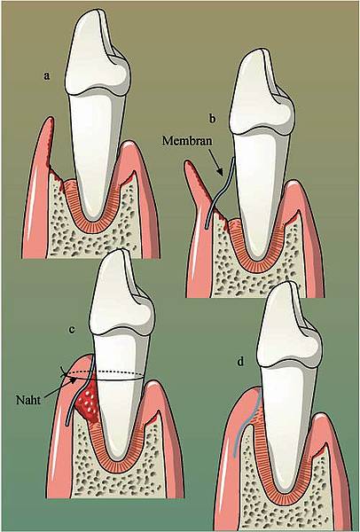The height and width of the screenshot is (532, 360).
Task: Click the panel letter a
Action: pyautogui.click(x=46, y=76)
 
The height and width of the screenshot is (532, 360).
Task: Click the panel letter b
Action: pyautogui.click(x=213, y=119)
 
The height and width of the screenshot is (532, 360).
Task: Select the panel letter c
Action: pyautogui.click(x=72, y=330)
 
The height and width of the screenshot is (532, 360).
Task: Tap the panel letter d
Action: pyautogui.click(x=240, y=363)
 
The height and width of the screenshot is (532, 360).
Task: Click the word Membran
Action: pyautogui.click(x=187, y=140)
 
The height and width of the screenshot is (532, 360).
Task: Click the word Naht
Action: pyautogui.click(x=28, y=400)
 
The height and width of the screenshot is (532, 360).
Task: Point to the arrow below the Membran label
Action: pyautogui.click(x=215, y=161)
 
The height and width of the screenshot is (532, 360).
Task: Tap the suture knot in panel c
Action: pyautogui.click(x=64, y=374)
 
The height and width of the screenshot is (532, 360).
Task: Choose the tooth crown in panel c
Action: pyautogui.click(x=121, y=293)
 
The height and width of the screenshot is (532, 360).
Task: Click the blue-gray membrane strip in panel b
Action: pyautogui.click(x=219, y=192)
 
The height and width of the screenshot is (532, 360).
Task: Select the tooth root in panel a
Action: pyautogui.click(x=98, y=153)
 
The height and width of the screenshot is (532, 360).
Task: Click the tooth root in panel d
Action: pyautogui.click(x=288, y=424)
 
